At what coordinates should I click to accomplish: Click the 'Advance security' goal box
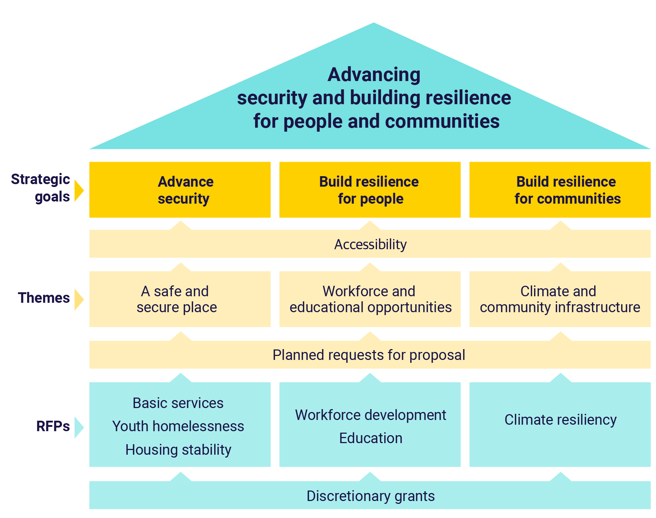[180, 190]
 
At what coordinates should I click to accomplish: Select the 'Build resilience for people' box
[369, 190]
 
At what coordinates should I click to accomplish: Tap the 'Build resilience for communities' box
[560, 190]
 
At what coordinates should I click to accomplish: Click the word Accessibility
[370, 245]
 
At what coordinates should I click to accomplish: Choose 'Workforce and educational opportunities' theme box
[370, 299]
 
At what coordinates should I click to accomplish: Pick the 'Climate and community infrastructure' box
[560, 299]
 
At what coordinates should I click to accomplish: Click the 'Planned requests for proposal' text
[369, 355]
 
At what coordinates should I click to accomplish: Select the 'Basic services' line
[178, 403]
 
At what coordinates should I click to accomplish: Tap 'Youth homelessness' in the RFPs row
[178, 426]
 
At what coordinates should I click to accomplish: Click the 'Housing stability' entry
[178, 450]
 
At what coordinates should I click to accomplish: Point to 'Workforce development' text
[371, 415]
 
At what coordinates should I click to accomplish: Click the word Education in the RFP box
[371, 438]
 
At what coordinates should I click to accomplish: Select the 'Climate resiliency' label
[560, 420]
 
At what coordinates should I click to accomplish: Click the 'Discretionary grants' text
[371, 496]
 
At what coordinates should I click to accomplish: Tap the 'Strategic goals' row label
[41, 188]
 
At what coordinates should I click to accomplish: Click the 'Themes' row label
[44, 298]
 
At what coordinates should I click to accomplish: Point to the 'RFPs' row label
[53, 426]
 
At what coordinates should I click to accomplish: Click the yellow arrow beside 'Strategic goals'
[79, 190]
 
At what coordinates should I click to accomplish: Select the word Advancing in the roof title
[374, 75]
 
